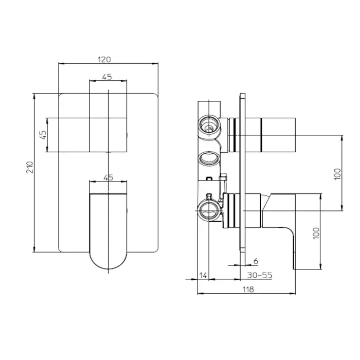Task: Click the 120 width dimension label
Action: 104,60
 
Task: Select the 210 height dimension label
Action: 30,167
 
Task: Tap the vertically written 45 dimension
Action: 43,135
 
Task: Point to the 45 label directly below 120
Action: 107,77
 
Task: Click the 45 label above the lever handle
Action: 109,177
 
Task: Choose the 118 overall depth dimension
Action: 248,290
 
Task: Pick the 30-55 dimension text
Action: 260,275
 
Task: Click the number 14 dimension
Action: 203,275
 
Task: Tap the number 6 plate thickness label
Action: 256,261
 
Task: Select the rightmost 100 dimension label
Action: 337,174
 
